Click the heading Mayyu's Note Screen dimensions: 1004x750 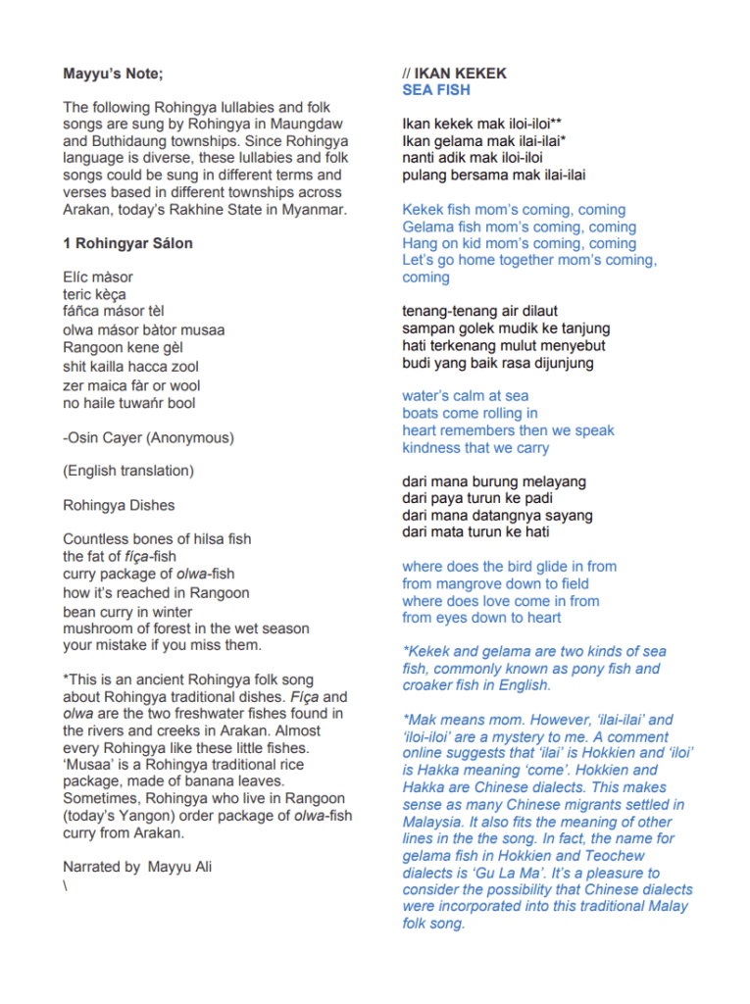pos(114,74)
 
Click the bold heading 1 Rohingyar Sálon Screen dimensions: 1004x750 pos(127,243)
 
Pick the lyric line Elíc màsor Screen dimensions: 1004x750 pos(98,277)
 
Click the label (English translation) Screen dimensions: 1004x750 pos(128,471)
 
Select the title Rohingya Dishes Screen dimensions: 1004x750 pos(119,506)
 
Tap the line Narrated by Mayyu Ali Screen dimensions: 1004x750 pos(137,867)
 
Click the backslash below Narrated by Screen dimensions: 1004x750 pos(66,884)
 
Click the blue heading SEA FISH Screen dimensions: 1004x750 pos(436,90)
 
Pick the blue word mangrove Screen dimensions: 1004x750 pos(475,583)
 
